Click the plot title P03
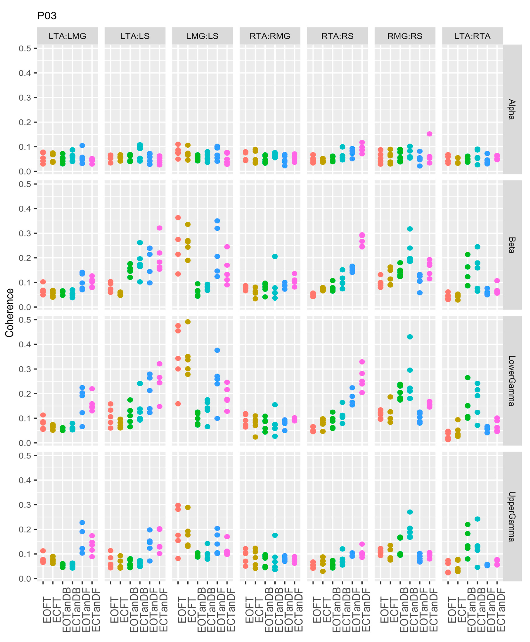coord(47,16)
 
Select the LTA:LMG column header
coord(67,36)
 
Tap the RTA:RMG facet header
coord(270,36)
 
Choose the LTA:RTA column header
coord(472,36)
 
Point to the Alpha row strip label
coord(512,109)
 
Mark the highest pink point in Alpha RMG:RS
coord(430,134)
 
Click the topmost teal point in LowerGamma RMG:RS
coord(410,337)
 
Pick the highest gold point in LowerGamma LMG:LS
coord(188,322)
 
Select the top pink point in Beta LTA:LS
coord(159,228)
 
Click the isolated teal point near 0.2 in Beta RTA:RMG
coord(275,256)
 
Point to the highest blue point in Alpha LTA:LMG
coord(82,146)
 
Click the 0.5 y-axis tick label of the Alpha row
coord(25,48)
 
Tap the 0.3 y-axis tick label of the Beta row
coord(25,233)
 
